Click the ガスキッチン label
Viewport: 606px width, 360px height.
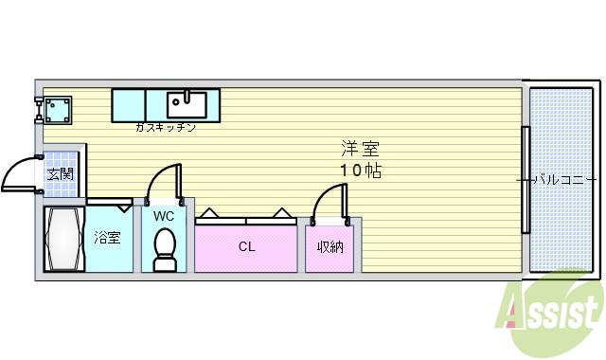pyautogui.click(x=165, y=127)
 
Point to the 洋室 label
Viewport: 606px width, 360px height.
pyautogui.click(x=361, y=149)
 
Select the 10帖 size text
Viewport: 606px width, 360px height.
pyautogui.click(x=361, y=171)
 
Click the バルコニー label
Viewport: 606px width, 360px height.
pyautogui.click(x=562, y=178)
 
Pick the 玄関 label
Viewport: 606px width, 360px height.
pyautogui.click(x=61, y=174)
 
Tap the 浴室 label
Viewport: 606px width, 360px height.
pyautogui.click(x=107, y=238)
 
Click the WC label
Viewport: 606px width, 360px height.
pyautogui.click(x=164, y=216)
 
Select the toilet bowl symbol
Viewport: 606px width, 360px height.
pyautogui.click(x=164, y=251)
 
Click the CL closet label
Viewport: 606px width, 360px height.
pyautogui.click(x=246, y=247)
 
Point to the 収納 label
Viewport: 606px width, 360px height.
pyautogui.click(x=330, y=247)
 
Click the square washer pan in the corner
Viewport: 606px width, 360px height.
pyautogui.click(x=55, y=110)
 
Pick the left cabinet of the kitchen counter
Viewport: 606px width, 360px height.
pyautogui.click(x=129, y=104)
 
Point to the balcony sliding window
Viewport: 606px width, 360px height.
pyautogui.click(x=525, y=178)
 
